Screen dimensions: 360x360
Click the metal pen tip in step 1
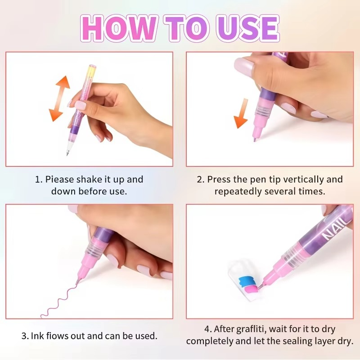point(68,153)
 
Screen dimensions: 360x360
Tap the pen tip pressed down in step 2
point(255,139)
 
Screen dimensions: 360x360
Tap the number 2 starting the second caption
point(200,179)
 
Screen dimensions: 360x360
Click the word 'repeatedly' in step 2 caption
point(236,191)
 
